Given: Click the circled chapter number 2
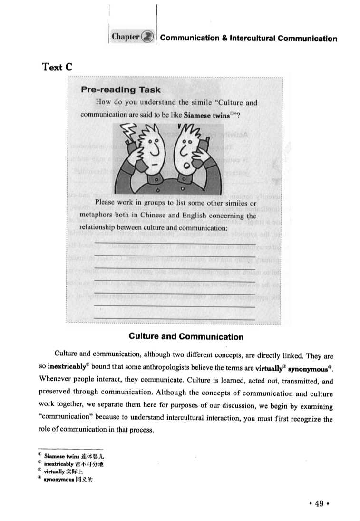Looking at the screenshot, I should [x=148, y=38].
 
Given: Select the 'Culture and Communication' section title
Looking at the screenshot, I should [x=186, y=337].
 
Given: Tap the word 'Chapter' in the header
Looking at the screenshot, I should [x=126, y=38].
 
